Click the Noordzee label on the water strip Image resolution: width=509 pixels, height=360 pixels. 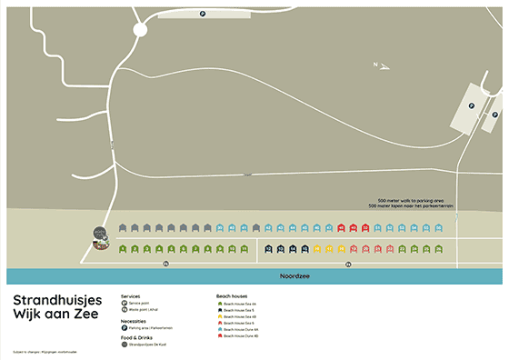293,275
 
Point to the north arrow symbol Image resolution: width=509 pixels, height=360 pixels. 382,65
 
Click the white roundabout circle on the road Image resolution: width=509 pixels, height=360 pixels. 139,30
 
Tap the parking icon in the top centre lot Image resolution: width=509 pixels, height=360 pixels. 201,13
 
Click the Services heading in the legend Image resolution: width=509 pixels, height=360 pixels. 129,296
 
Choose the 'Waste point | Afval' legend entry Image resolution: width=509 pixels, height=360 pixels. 143,309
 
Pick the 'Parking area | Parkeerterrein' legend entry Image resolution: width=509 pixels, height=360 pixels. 148,327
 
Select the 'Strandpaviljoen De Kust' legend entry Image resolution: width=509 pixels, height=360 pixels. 148,345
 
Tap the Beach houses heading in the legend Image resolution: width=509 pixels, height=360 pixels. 231,296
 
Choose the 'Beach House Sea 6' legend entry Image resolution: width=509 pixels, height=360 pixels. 239,323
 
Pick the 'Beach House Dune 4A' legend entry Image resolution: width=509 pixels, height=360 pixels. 241,329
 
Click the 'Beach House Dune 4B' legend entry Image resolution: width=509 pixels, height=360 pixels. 241,336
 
